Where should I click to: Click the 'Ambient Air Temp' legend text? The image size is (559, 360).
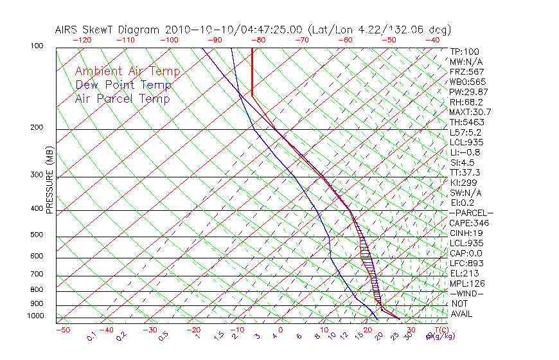click(x=127, y=71)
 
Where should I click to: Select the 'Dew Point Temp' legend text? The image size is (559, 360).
click(x=123, y=85)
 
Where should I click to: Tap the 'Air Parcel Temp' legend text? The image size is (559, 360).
click(x=122, y=98)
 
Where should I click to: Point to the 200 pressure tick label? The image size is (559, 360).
click(x=37, y=127)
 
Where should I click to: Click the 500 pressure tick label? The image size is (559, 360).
click(x=37, y=235)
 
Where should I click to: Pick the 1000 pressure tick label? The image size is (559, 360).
click(x=35, y=316)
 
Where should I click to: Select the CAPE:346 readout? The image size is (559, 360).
click(x=468, y=223)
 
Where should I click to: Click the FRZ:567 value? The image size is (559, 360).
click(x=466, y=72)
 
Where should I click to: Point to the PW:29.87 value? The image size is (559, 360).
click(x=469, y=92)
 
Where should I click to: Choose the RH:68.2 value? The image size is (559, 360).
click(x=466, y=102)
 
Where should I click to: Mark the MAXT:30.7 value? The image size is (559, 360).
click(x=471, y=112)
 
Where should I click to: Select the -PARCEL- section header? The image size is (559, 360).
click(x=471, y=213)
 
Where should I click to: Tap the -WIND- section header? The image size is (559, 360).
click(x=466, y=293)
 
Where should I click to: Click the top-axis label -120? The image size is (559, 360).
click(x=82, y=39)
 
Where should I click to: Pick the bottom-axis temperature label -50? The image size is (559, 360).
click(x=62, y=330)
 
